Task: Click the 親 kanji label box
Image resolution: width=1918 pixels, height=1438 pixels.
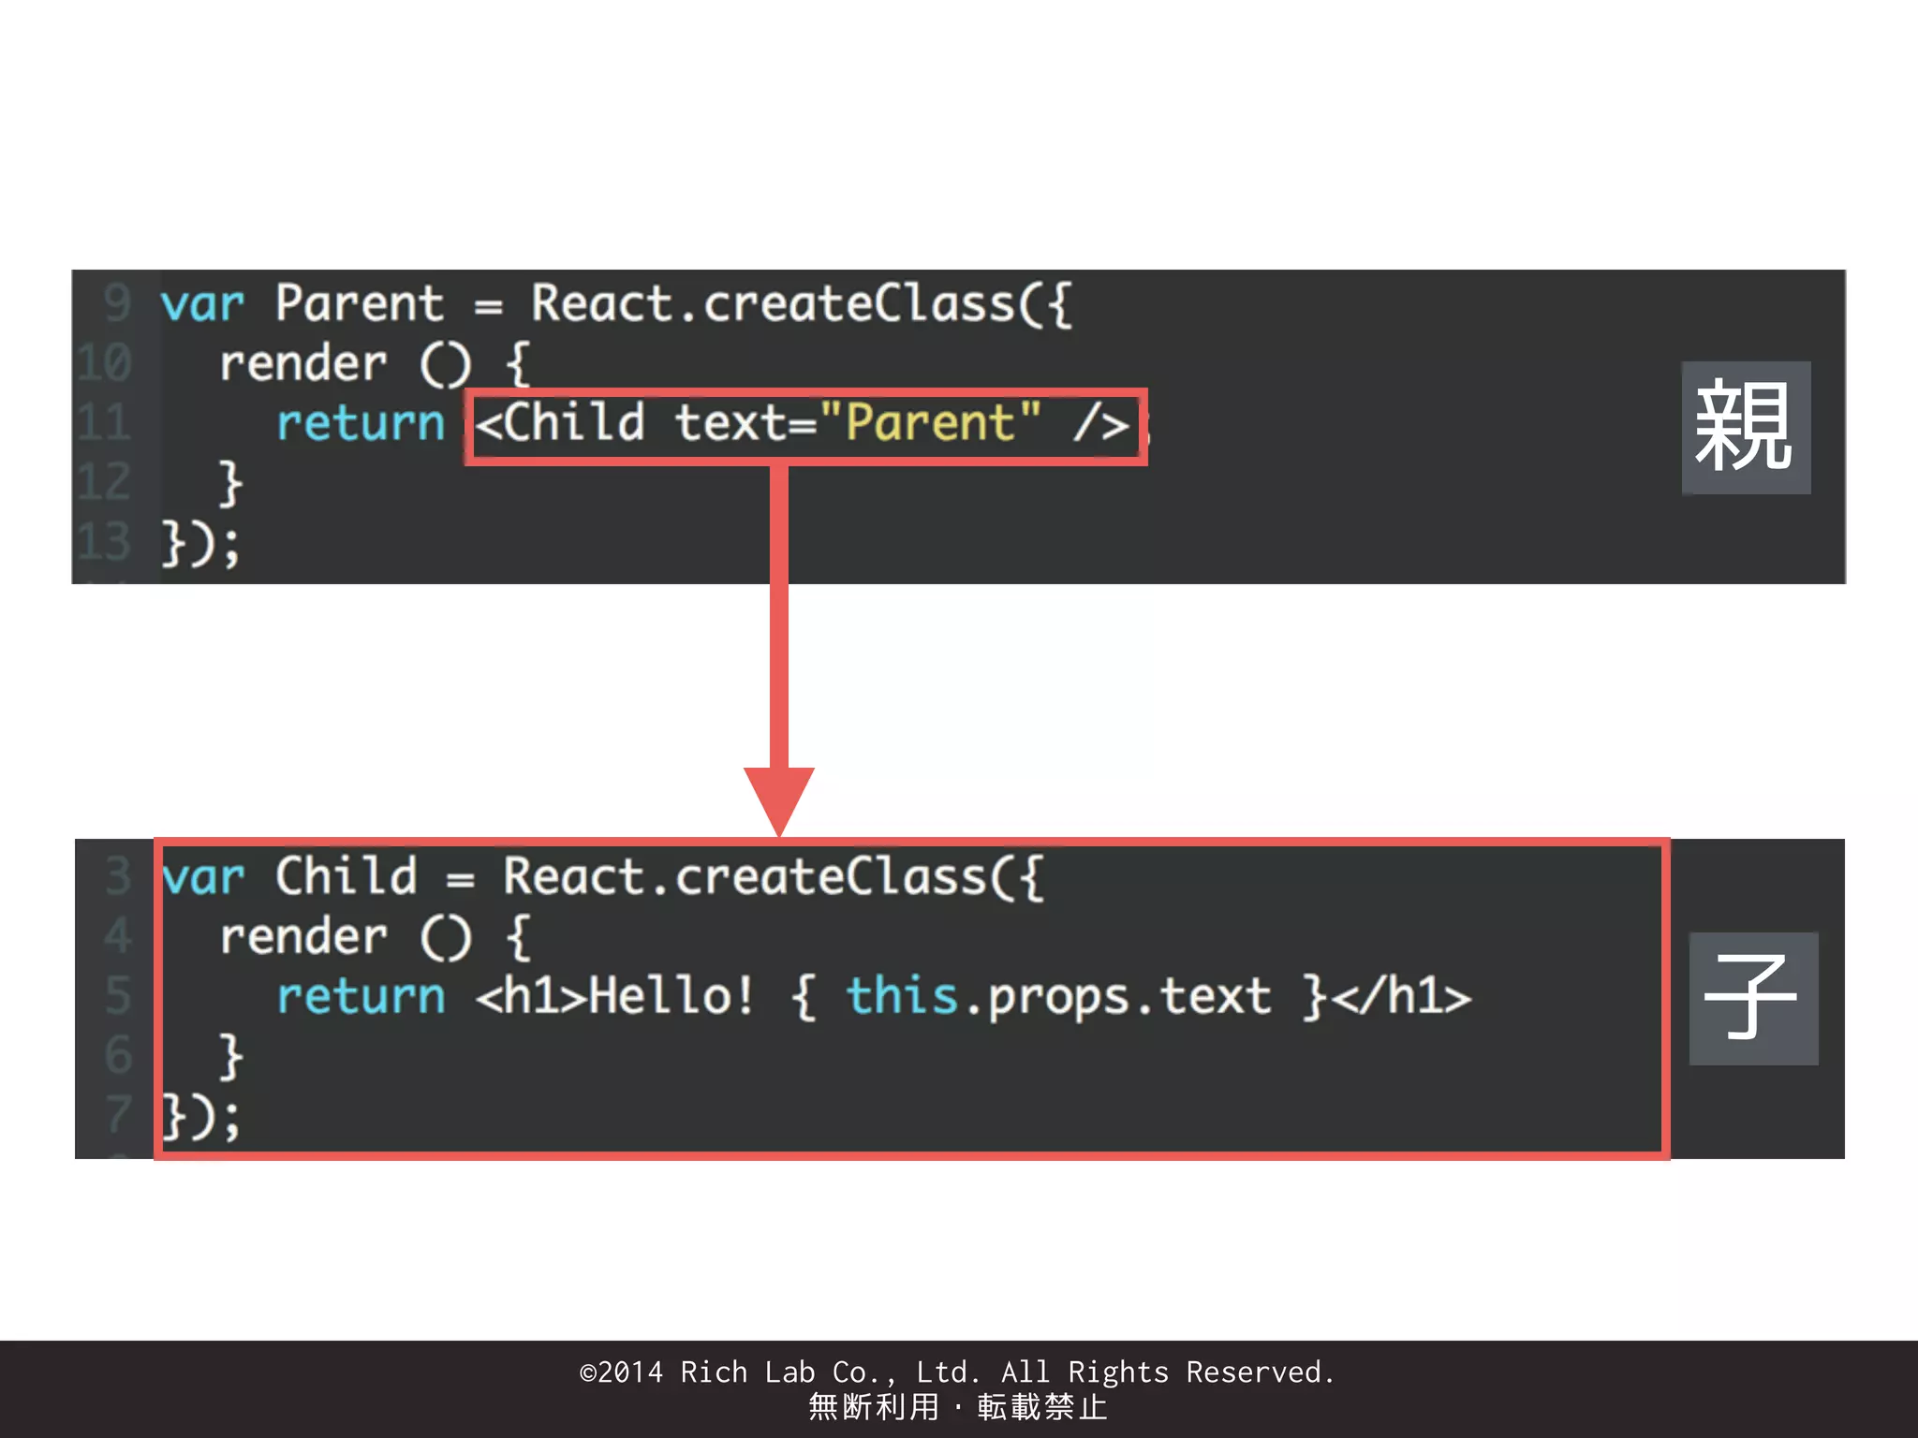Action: (x=1745, y=428)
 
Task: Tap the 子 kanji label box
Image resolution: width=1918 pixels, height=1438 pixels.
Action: (x=1753, y=998)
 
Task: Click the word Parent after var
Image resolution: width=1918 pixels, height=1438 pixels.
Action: (x=359, y=304)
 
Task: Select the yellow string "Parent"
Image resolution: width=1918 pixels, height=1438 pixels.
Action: (x=930, y=422)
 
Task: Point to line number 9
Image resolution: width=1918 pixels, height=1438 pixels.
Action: (x=116, y=303)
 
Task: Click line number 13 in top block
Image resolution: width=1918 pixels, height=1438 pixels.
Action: (x=104, y=542)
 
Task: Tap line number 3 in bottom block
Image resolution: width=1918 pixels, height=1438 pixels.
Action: (x=117, y=876)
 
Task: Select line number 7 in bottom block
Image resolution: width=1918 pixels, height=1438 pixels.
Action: (x=117, y=1114)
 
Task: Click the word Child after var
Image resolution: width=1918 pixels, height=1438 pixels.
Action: (x=346, y=877)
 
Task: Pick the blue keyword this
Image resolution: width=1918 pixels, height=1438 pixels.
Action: (x=901, y=995)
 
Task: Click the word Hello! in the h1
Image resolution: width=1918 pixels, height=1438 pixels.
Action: (x=671, y=995)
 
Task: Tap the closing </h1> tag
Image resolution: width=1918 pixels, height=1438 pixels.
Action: (x=1401, y=995)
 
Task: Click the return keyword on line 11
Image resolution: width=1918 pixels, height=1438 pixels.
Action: (x=360, y=423)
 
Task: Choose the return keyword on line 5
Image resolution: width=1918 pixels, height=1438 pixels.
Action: (x=360, y=995)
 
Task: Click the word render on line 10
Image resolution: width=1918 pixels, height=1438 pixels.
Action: (x=302, y=363)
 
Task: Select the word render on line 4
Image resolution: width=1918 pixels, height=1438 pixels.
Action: (x=302, y=936)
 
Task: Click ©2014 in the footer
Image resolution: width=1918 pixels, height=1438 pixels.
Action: (x=621, y=1372)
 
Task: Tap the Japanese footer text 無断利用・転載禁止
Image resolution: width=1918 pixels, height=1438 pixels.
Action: (x=957, y=1407)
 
